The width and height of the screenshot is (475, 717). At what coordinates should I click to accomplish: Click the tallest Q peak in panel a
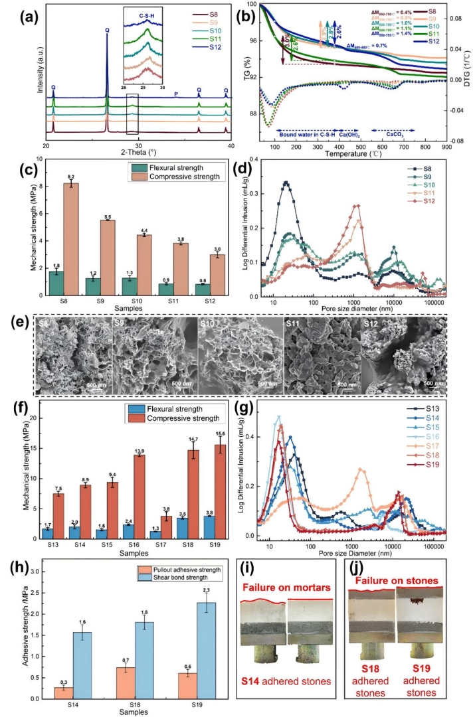tap(107, 40)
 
